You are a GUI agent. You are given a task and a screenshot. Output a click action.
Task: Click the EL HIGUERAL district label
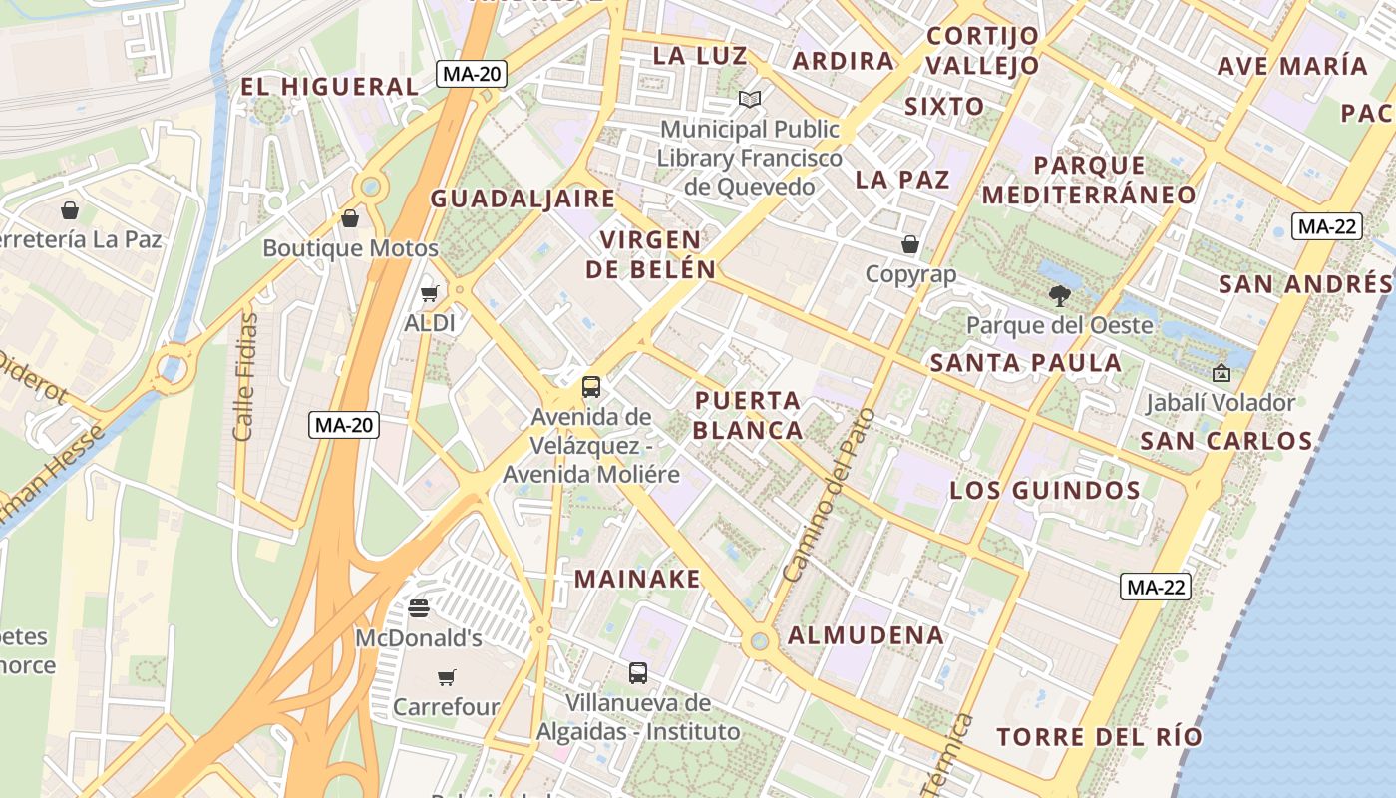[329, 87]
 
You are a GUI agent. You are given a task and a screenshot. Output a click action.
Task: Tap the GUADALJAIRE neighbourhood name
[523, 199]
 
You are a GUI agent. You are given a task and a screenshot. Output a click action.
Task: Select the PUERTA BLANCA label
[748, 415]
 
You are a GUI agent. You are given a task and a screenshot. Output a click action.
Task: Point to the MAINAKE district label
[637, 579]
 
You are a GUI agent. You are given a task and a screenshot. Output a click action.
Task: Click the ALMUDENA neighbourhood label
[866, 635]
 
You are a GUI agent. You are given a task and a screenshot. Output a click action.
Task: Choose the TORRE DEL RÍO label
[1099, 738]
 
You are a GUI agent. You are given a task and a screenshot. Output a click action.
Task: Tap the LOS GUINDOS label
[1045, 490]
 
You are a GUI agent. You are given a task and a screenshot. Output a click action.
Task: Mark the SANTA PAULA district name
[1026, 363]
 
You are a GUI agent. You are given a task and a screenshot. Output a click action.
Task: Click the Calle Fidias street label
[245, 377]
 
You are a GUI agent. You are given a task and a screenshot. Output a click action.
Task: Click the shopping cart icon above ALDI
[429, 293]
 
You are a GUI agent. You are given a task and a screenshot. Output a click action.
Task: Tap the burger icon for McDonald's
[419, 607]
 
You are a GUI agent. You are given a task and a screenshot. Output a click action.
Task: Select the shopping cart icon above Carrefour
[446, 678]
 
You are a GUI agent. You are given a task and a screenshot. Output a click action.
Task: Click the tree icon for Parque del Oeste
[1059, 295]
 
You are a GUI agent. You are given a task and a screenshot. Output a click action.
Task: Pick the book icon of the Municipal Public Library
[750, 99]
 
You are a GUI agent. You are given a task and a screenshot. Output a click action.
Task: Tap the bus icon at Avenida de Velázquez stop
[591, 386]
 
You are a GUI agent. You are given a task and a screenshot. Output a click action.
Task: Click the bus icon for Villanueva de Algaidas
[638, 673]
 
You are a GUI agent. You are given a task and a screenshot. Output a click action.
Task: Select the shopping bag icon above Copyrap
[910, 244]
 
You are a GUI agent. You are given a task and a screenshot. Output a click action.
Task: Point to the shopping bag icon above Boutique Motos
[350, 218]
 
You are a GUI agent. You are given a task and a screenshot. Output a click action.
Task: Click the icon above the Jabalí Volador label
[1221, 373]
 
